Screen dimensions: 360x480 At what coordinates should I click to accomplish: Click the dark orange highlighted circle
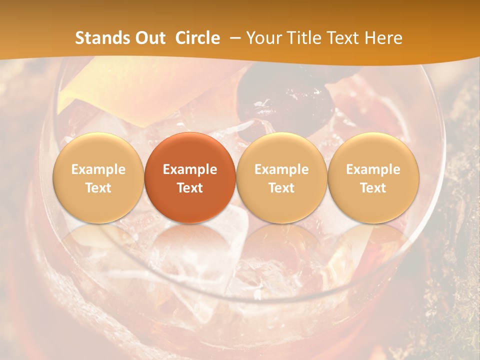[x=190, y=177]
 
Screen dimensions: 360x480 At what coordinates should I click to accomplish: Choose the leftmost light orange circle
[x=98, y=177]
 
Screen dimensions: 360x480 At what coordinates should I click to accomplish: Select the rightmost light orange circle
[x=373, y=177]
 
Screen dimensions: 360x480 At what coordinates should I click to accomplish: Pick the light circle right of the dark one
[x=281, y=177]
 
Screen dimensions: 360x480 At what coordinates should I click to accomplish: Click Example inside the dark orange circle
[x=190, y=169]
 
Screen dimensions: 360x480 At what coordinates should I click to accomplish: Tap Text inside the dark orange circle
[x=190, y=188]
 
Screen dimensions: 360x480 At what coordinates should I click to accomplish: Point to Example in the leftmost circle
[x=98, y=169]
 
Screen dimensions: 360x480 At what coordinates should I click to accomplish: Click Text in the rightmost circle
[x=373, y=188]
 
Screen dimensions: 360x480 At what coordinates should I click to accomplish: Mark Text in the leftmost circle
[x=98, y=188]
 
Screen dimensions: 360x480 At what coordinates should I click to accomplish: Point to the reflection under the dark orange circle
[x=190, y=245]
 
